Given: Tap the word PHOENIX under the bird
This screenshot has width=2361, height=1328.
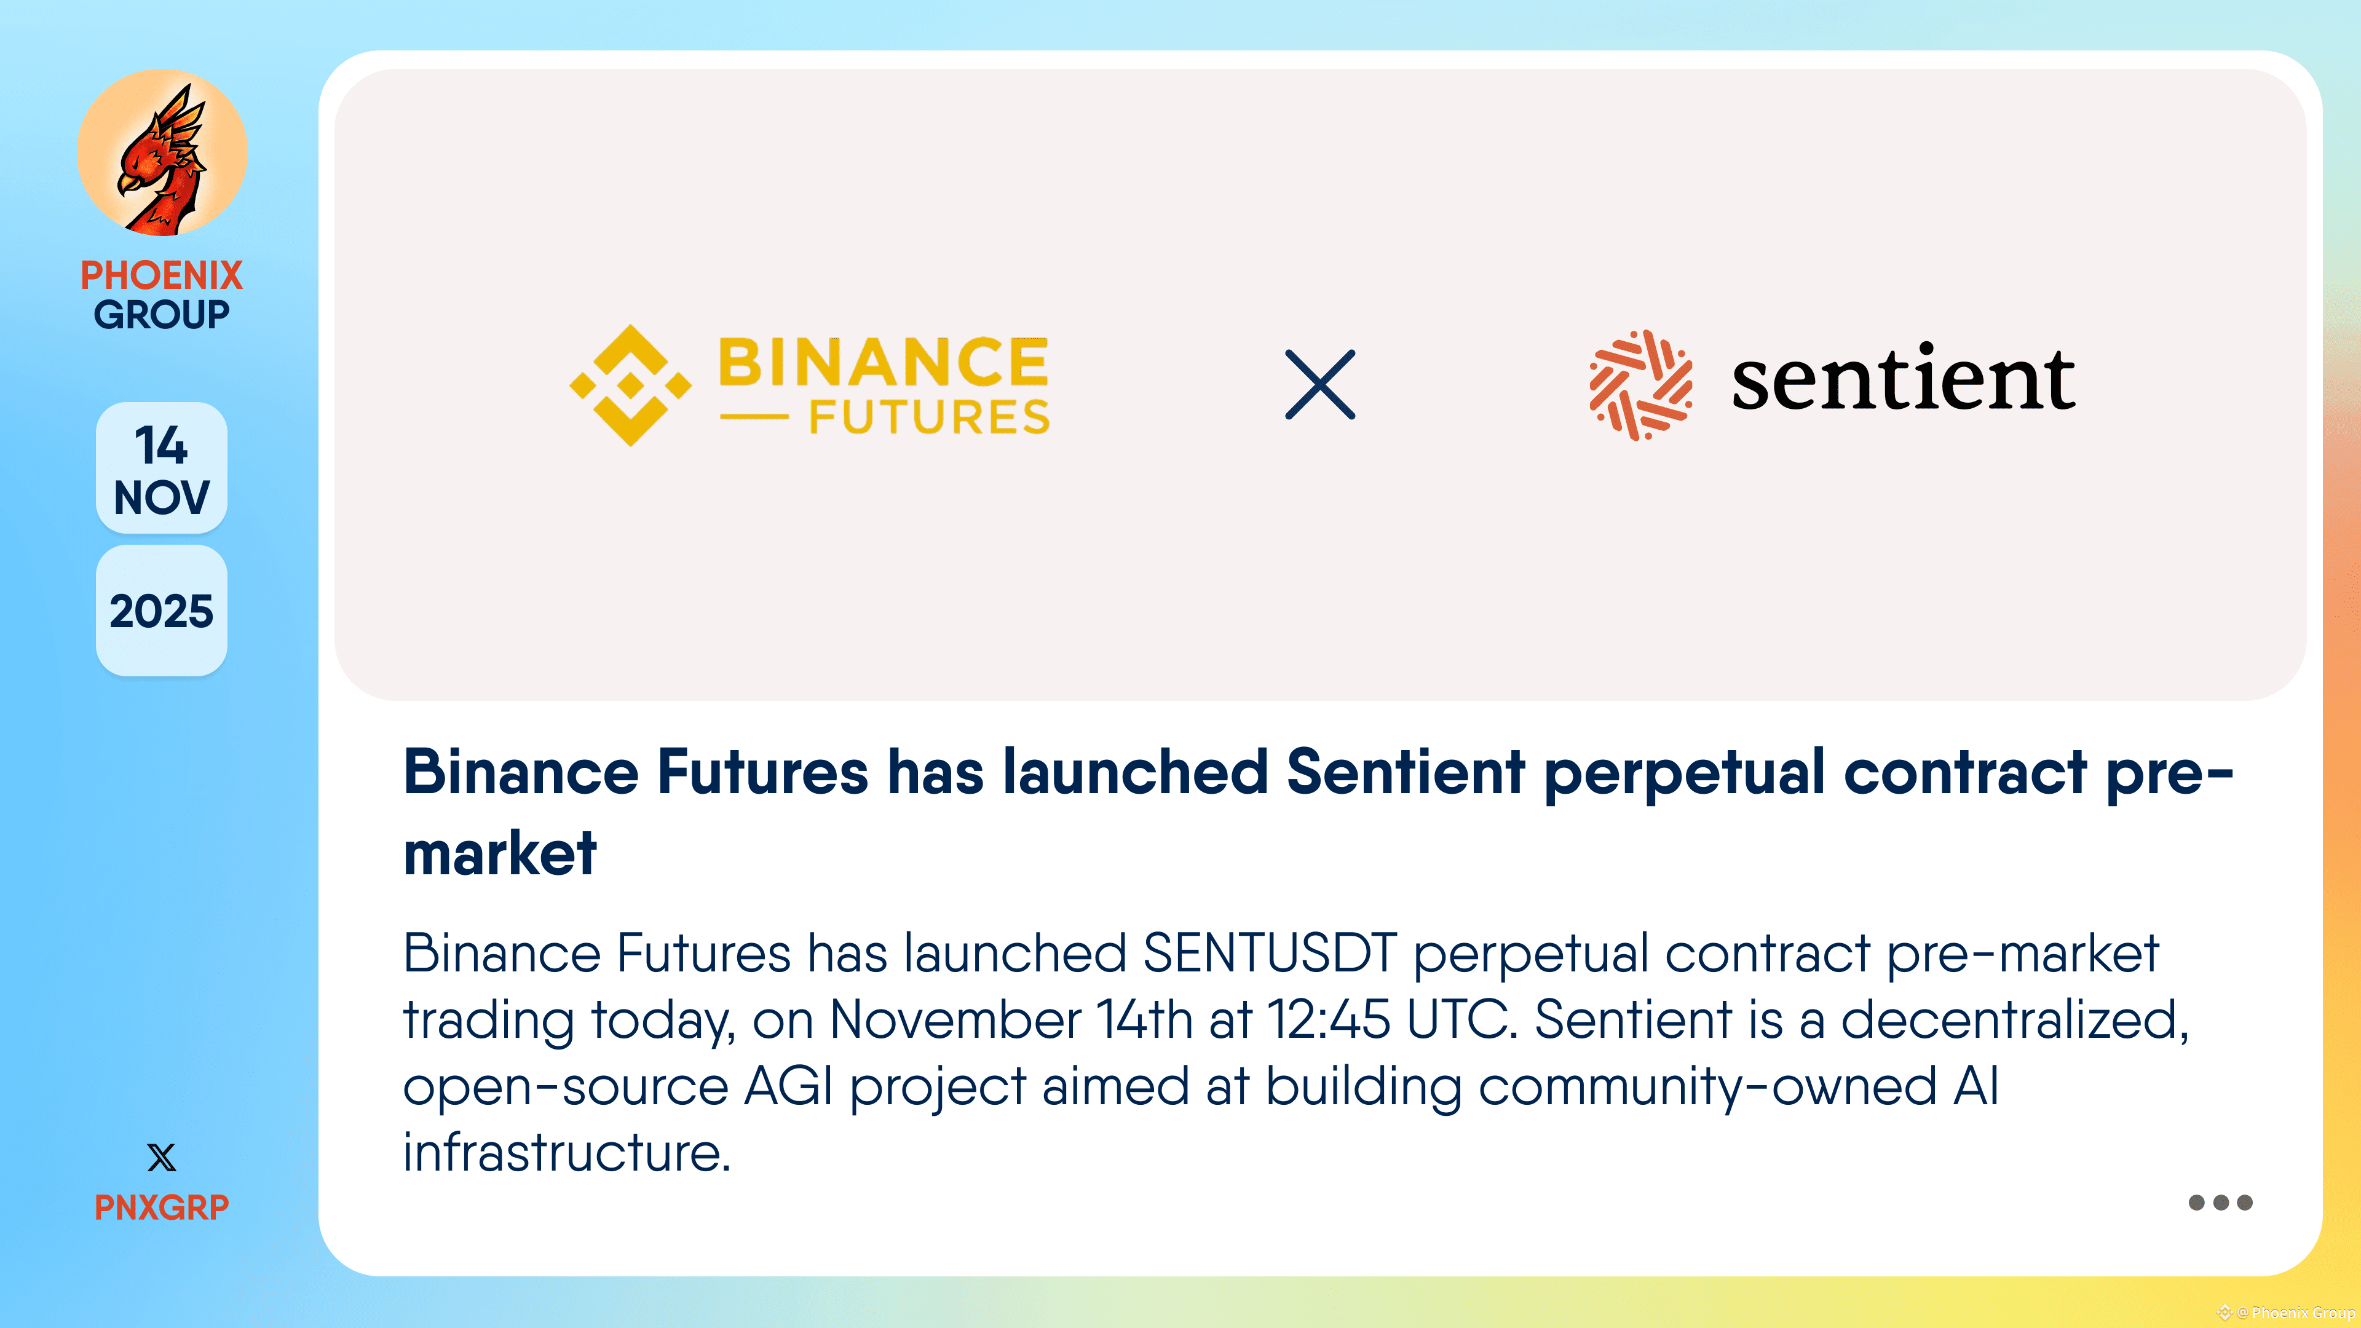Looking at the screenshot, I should click(x=161, y=275).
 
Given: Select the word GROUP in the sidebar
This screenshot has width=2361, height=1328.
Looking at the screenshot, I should click(x=161, y=314).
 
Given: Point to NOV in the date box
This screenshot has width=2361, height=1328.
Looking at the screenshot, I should click(x=161, y=497).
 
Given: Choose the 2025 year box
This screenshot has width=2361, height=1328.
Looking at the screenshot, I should click(x=161, y=611).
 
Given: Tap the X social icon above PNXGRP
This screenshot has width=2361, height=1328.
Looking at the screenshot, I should click(x=161, y=1158).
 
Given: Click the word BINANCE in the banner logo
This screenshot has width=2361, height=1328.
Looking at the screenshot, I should click(x=884, y=362).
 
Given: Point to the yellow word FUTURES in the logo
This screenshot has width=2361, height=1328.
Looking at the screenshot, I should click(x=928, y=418).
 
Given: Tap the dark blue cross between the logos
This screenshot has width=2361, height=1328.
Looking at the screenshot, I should click(x=1320, y=385).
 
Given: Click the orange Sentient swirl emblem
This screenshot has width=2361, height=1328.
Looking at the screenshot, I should click(x=1640, y=385).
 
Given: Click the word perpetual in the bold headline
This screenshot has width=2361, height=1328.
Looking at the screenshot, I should click(x=1685, y=773).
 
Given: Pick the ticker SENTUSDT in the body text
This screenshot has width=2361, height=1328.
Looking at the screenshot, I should click(x=1270, y=953).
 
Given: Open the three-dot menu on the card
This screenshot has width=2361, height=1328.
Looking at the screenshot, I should click(x=2220, y=1203).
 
